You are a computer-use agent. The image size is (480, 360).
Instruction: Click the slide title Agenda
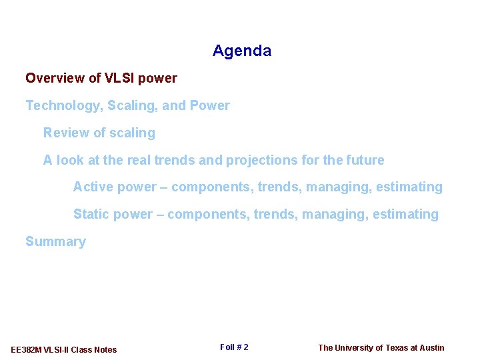(x=242, y=51)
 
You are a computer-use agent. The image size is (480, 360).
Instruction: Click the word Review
(x=65, y=133)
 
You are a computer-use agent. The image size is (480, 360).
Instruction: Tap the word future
(x=365, y=160)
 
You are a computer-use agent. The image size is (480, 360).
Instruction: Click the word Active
(x=93, y=187)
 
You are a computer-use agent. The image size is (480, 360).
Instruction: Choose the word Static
(x=91, y=214)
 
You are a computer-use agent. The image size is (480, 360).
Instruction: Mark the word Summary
(x=55, y=242)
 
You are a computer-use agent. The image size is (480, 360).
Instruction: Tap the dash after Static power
(x=159, y=215)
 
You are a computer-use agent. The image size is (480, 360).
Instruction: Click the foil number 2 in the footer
(x=245, y=347)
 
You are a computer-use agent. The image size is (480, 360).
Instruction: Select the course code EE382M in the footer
(x=26, y=350)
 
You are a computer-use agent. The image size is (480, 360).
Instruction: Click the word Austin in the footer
(x=431, y=347)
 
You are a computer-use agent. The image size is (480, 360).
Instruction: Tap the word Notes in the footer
(x=105, y=350)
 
